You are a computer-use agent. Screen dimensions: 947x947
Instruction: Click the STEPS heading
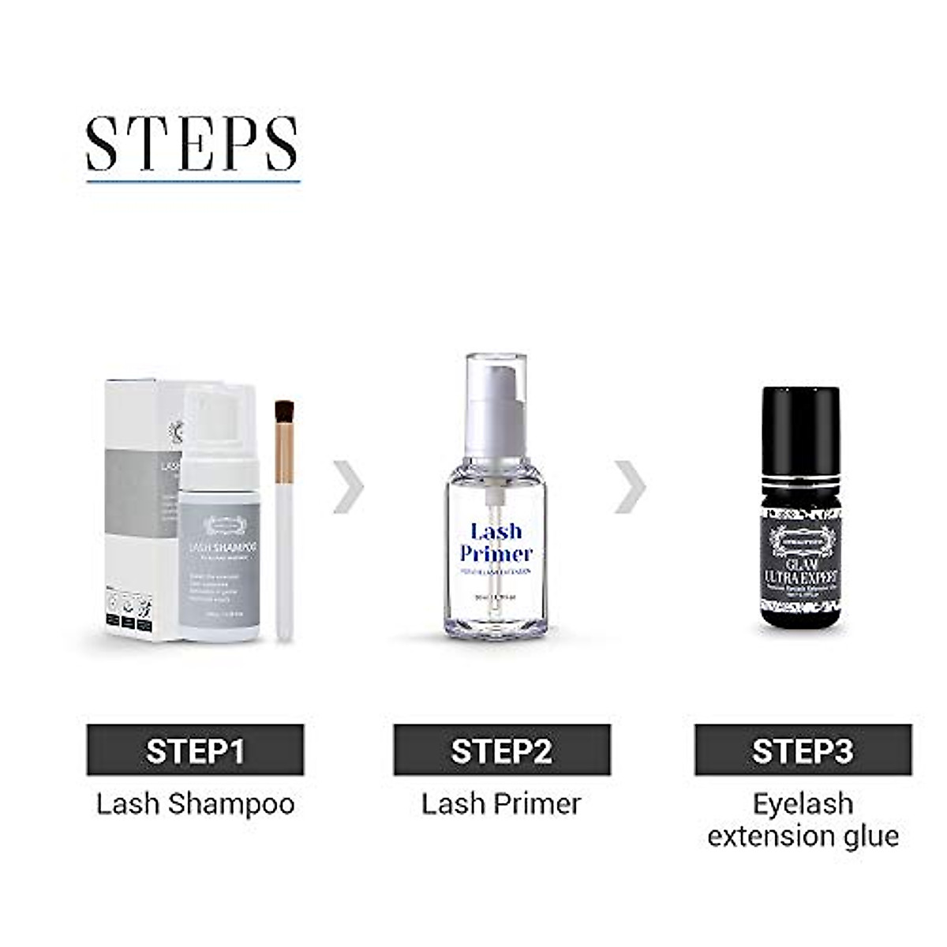[193, 144]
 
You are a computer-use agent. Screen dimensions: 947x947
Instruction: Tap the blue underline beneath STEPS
[193, 182]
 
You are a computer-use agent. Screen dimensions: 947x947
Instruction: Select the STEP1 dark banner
[195, 750]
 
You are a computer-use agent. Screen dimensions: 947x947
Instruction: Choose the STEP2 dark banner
[502, 750]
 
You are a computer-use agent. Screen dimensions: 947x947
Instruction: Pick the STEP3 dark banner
[803, 750]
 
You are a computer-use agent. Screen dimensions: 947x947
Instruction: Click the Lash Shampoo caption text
[195, 804]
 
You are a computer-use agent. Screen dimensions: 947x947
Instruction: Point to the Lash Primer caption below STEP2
[501, 804]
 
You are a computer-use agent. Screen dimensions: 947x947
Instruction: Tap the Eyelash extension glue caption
[803, 820]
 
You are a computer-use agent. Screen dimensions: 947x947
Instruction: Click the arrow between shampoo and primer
[349, 488]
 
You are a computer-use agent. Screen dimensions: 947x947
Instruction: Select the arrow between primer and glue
[630, 488]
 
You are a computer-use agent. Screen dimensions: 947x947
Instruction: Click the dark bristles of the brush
[284, 413]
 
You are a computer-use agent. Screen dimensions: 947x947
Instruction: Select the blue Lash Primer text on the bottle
[496, 542]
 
